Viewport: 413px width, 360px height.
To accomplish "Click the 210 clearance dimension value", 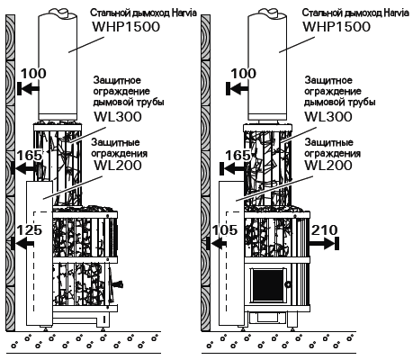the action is (x=325, y=230).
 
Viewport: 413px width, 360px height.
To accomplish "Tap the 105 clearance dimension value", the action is (x=225, y=230).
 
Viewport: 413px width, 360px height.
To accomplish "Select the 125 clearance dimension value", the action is (x=29, y=230).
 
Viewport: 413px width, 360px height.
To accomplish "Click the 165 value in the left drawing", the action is (x=29, y=156).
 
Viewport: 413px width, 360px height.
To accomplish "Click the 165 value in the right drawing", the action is (x=238, y=156).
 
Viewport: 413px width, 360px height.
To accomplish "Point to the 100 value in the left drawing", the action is (x=33, y=74).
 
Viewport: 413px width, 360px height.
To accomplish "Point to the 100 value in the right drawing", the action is (x=244, y=74).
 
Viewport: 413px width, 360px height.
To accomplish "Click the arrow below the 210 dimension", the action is (x=324, y=243).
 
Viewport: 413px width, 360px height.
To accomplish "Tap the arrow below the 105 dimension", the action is (x=216, y=243).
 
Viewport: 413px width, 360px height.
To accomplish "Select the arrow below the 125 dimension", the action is (x=22, y=243).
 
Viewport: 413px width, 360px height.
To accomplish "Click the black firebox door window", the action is (x=268, y=284).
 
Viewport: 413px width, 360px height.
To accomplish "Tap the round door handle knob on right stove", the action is (x=289, y=284).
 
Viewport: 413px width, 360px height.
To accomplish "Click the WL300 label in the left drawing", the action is (x=118, y=117).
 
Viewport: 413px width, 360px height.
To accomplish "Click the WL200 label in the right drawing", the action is (x=328, y=166).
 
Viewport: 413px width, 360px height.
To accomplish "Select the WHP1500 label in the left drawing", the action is (x=126, y=27).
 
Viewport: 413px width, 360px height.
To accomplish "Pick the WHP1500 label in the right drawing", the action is (x=337, y=27).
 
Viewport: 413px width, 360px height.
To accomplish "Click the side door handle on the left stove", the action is (x=118, y=284).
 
